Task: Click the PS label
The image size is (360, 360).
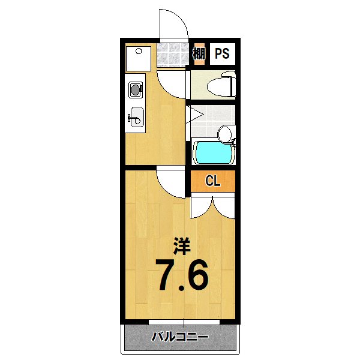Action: (222, 54)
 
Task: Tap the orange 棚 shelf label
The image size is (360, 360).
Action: (199, 54)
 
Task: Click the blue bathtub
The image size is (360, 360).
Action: (212, 153)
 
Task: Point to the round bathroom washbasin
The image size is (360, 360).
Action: (224, 133)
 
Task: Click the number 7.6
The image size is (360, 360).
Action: (182, 275)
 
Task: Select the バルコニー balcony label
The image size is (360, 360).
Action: (180, 337)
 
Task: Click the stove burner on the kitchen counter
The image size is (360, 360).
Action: (136, 90)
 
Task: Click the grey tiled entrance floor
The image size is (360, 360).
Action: (174, 55)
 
